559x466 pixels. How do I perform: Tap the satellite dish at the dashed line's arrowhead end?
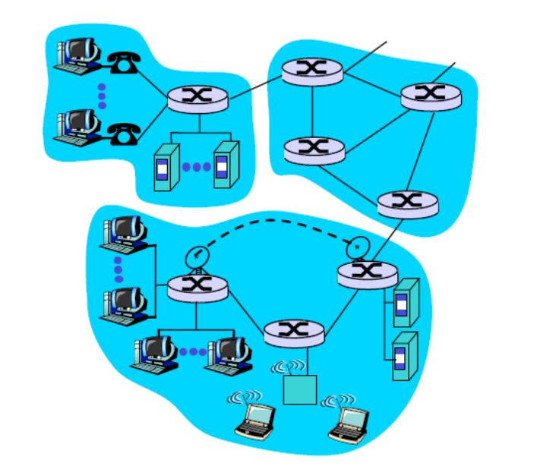click(x=358, y=247)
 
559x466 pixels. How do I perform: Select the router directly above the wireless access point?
click(x=294, y=332)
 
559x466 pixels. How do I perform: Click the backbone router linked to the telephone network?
click(x=312, y=71)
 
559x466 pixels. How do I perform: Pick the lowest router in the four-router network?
click(x=408, y=203)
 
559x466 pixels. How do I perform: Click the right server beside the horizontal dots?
click(x=222, y=166)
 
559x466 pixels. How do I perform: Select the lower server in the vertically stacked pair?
click(x=403, y=355)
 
